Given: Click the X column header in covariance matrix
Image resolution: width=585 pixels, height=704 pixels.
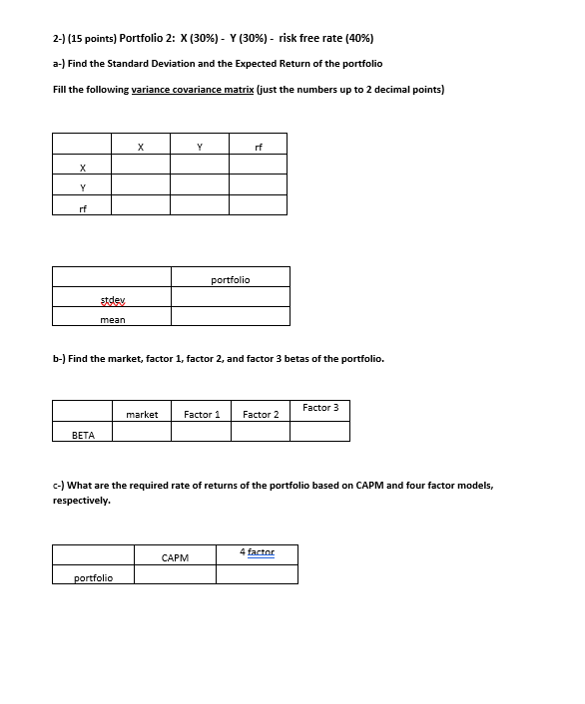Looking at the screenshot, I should coord(141,147).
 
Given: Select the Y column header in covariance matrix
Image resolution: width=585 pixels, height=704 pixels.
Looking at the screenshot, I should coord(200,147).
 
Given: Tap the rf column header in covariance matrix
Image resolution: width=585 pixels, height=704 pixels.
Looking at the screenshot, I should coord(259,147).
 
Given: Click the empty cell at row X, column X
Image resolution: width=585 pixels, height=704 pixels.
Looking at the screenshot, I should coord(141,166).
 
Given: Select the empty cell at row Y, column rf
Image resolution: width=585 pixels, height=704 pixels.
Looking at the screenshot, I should coord(259,185).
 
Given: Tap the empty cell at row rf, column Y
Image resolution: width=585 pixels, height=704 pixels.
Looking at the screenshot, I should coord(200,205).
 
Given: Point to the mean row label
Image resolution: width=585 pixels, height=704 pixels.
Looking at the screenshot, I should coord(113,319).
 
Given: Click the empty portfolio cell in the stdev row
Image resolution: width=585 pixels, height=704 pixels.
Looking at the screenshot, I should coord(231,297).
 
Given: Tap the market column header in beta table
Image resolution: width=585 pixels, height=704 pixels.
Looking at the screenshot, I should coord(142,414).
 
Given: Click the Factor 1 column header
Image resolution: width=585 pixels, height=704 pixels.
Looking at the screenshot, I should coord(202,414).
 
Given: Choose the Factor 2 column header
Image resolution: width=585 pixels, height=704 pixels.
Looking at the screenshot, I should coord(261,414).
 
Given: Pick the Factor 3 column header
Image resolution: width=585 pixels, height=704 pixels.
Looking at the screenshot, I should coord(320,408).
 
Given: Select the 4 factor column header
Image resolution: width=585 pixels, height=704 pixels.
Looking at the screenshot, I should coord(257,551).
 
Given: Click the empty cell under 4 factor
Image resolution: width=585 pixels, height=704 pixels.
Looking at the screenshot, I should coord(257,574).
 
